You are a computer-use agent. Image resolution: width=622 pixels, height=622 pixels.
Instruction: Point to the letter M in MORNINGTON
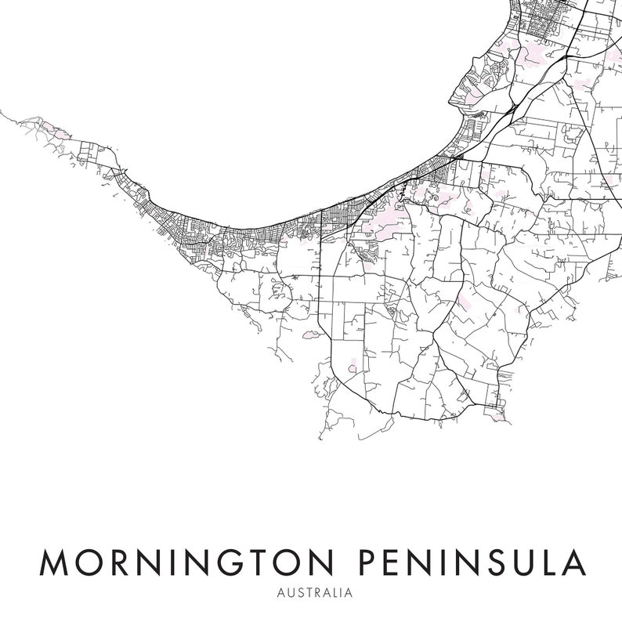point(51,562)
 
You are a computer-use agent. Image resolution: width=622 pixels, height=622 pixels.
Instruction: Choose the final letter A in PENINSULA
point(573,562)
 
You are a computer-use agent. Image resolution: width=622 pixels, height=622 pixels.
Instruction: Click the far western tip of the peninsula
point(3,112)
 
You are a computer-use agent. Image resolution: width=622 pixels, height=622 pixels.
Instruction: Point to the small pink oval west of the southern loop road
point(311,335)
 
